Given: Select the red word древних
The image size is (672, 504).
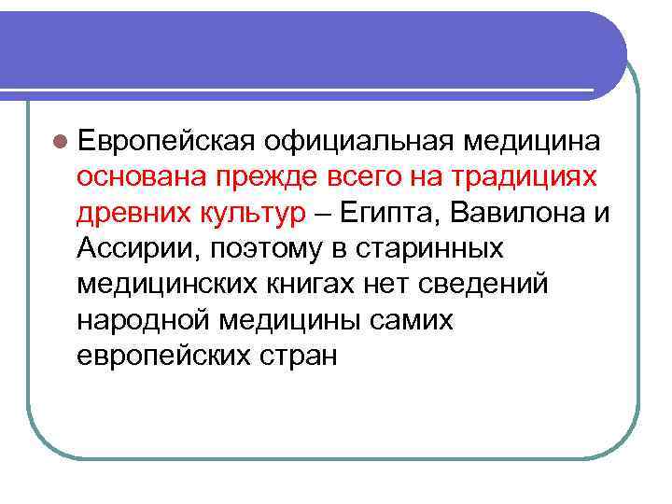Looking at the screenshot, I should click(133, 214).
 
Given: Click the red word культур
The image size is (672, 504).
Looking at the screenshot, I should click(252, 214).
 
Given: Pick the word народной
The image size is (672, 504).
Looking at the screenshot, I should click(140, 321).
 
